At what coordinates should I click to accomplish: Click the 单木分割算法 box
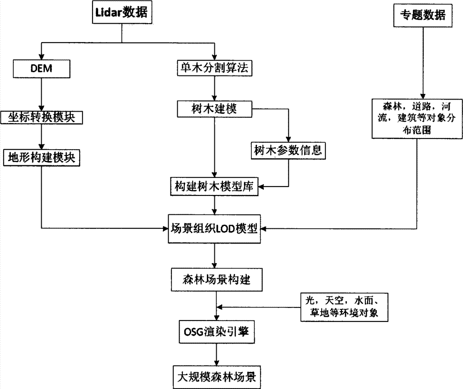click(214, 69)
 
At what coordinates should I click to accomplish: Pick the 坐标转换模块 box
click(42, 118)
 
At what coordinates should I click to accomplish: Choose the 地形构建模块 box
click(42, 158)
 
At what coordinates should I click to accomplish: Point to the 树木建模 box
click(214, 109)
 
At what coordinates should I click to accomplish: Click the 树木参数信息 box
click(288, 151)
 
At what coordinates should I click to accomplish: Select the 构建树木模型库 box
click(214, 187)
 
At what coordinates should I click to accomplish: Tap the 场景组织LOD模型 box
click(214, 228)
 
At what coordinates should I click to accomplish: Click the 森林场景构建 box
click(214, 279)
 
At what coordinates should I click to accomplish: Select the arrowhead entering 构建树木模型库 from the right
click(262, 187)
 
